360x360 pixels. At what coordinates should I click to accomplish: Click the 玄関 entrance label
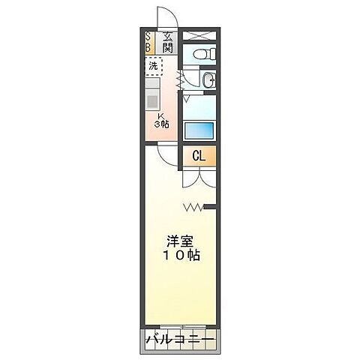click(168, 43)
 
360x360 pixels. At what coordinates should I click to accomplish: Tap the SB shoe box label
click(148, 43)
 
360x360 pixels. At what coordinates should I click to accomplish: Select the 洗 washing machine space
click(154, 66)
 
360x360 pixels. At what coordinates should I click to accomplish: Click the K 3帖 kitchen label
click(161, 120)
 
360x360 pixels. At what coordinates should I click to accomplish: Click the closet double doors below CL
click(199, 180)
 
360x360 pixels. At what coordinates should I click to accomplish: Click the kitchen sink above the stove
click(153, 83)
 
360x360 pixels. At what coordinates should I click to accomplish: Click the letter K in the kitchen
click(160, 115)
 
